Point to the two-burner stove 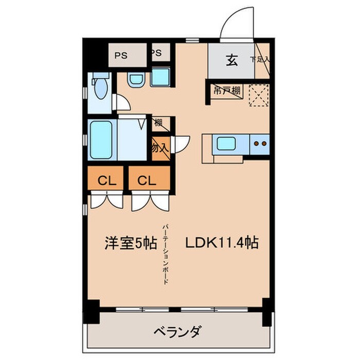click(260, 144)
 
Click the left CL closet click(106, 180)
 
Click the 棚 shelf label click(158, 122)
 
